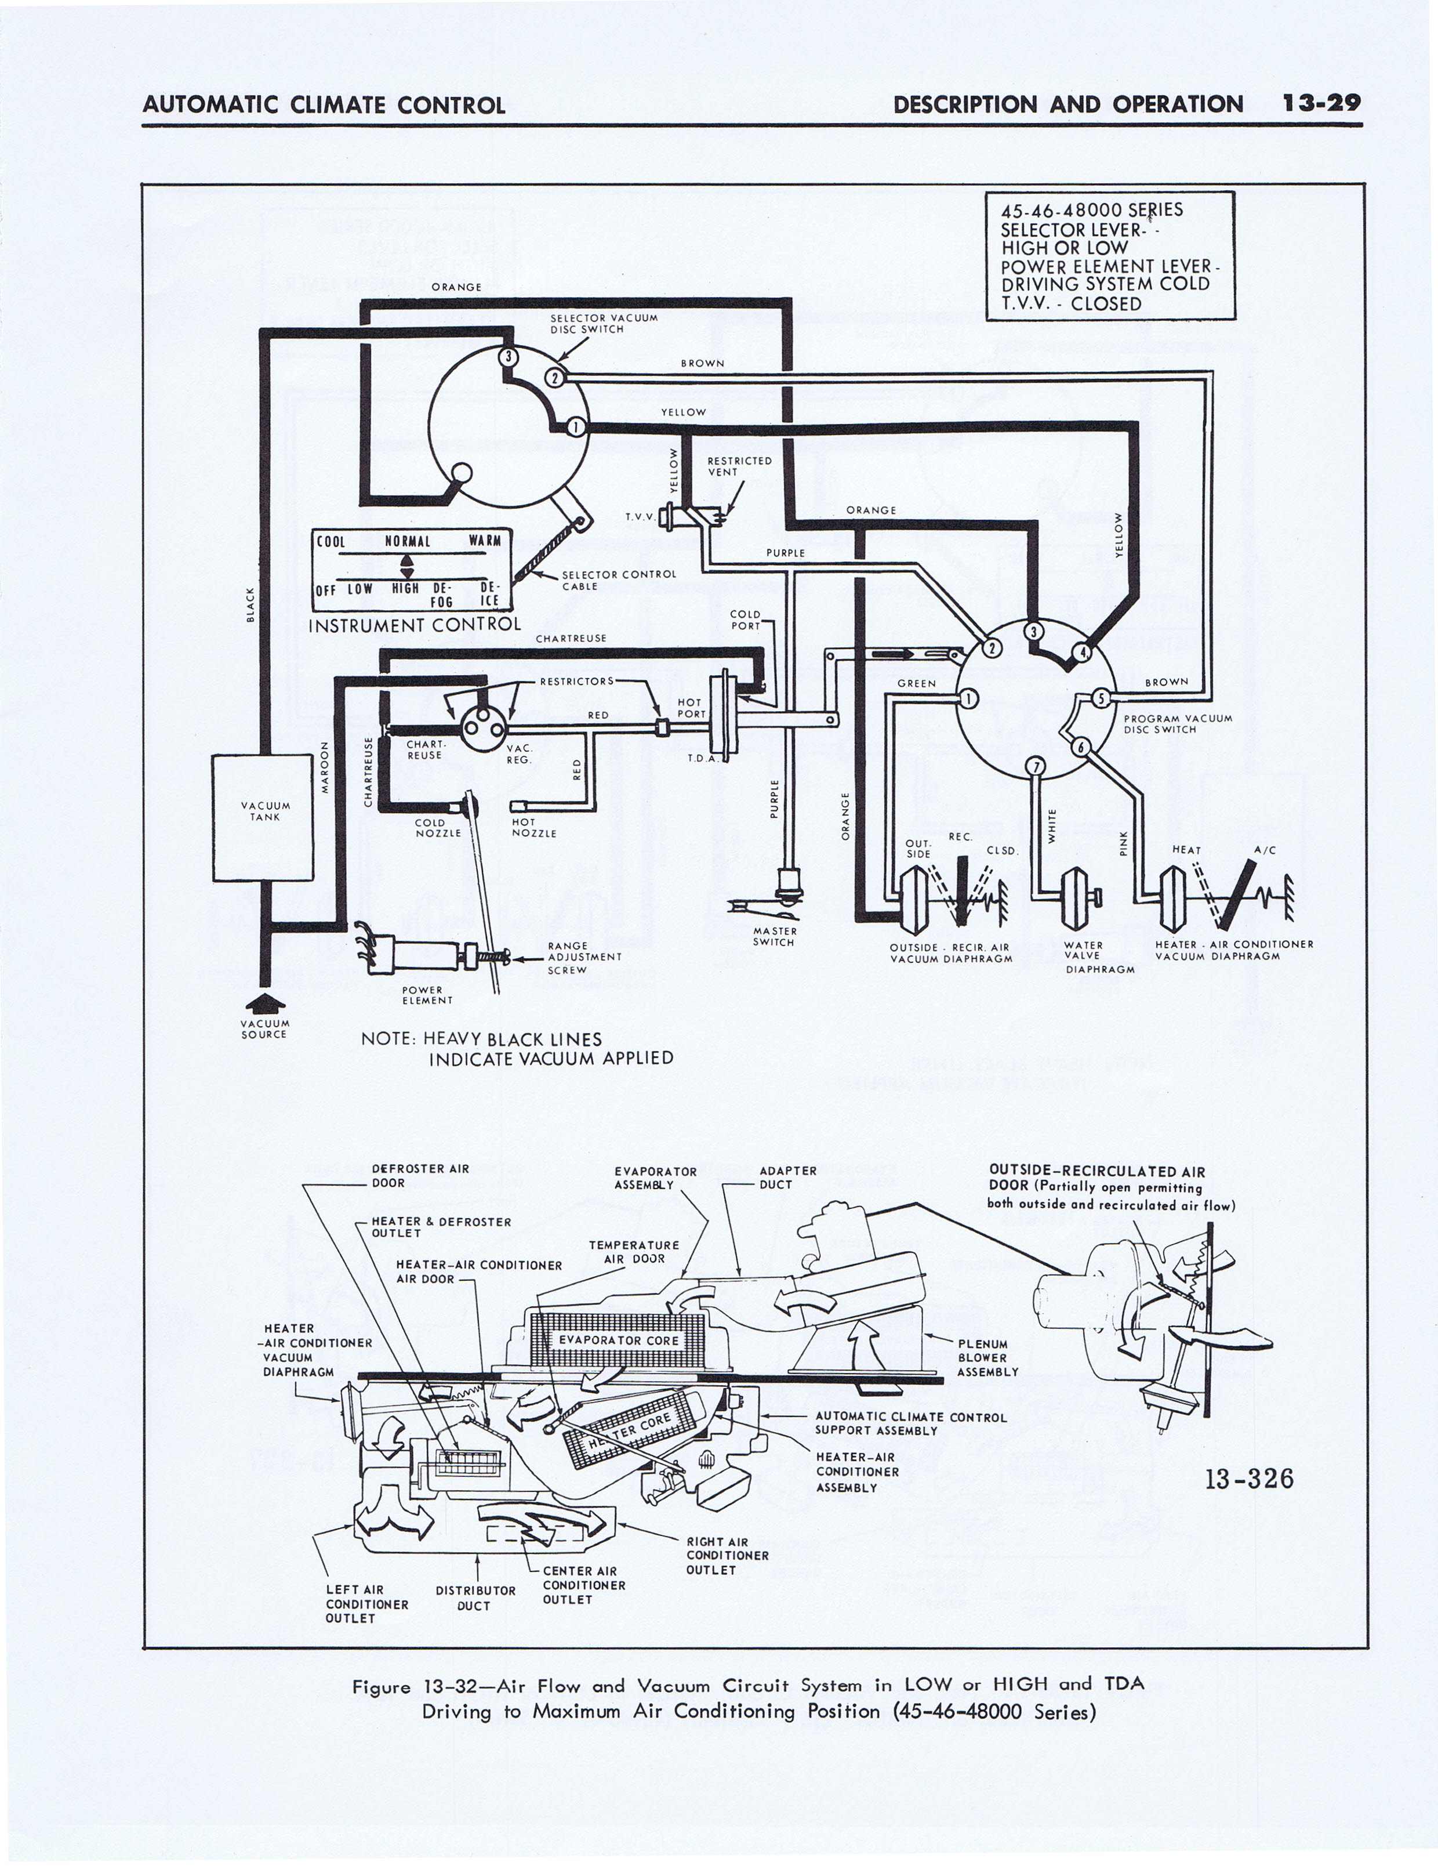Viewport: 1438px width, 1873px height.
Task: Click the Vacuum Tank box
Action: click(263, 817)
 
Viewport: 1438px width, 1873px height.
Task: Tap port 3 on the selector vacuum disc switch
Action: click(509, 356)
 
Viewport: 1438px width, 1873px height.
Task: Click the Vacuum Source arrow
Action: click(266, 1002)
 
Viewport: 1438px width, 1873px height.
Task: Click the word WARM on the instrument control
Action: click(485, 541)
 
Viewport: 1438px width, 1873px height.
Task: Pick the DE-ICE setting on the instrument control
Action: click(489, 594)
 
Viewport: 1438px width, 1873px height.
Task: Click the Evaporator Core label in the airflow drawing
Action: click(618, 1340)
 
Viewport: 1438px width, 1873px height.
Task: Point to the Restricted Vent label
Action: click(739, 466)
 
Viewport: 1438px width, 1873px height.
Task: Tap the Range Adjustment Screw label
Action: click(584, 958)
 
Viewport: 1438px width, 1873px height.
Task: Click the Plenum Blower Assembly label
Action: click(988, 1358)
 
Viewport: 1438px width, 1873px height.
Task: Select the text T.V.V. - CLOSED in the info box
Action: click(1071, 304)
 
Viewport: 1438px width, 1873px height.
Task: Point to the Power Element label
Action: click(427, 995)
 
